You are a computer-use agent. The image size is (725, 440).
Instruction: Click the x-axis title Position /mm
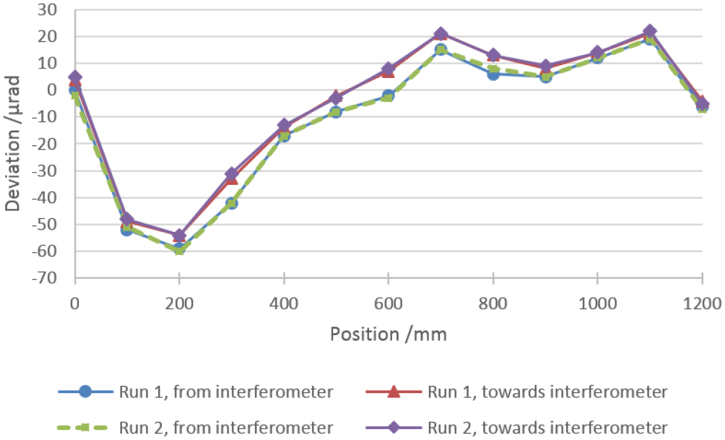388,335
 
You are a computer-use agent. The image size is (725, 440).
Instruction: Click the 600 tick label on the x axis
388,304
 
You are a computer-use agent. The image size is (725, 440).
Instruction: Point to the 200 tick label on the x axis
179,304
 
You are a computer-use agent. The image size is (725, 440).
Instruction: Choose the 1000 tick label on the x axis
597,304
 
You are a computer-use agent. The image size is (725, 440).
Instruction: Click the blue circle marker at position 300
232,203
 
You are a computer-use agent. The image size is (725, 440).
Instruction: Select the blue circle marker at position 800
492,74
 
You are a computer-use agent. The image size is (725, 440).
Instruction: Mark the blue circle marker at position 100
127,230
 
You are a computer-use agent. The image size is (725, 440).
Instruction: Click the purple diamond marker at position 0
75,77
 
